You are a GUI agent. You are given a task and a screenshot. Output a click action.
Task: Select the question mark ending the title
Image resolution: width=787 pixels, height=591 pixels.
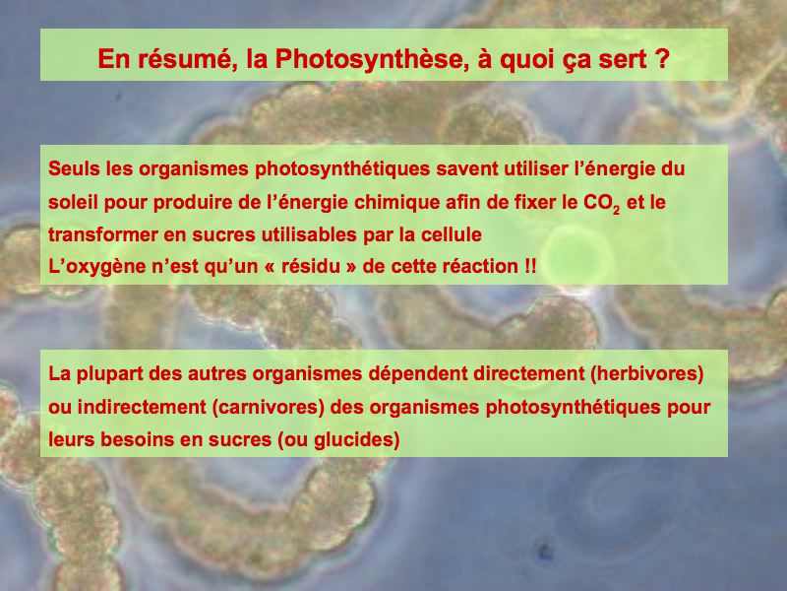pyautogui.click(x=662, y=58)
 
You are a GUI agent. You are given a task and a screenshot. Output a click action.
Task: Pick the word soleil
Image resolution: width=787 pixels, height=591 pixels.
pyautogui.click(x=73, y=202)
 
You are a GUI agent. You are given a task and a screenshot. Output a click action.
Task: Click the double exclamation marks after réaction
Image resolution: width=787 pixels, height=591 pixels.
pyautogui.click(x=530, y=266)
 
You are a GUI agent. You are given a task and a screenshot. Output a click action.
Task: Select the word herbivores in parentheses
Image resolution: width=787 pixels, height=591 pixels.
pyautogui.click(x=646, y=374)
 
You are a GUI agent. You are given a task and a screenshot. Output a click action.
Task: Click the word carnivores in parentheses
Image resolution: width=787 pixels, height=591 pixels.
pyautogui.click(x=268, y=407)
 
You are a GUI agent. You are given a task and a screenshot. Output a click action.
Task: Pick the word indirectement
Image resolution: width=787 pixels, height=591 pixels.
pyautogui.click(x=142, y=407)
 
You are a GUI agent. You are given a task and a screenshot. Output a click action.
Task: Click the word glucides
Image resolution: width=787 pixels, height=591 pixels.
pyautogui.click(x=354, y=439)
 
